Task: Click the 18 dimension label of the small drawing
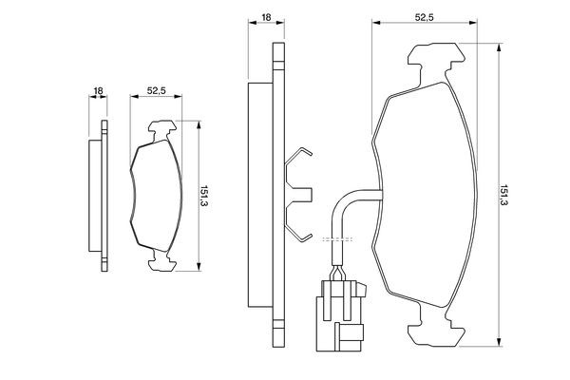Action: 98,90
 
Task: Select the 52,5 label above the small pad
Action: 158,90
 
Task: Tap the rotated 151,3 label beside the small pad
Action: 204,197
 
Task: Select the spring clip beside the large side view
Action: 298,195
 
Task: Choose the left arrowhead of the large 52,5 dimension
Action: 375,24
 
